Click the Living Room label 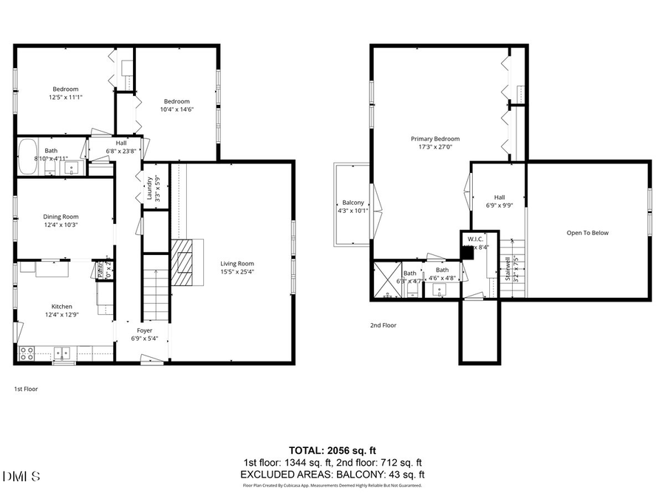tap(237, 263)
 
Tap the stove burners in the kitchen tap(26, 353)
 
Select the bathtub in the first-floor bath tap(30, 156)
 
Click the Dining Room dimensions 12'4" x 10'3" tap(61, 225)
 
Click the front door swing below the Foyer tap(151, 359)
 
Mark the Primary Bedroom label tap(435, 138)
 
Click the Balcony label tap(352, 203)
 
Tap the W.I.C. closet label tap(474, 239)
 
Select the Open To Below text tap(587, 233)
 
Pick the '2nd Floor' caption tap(383, 325)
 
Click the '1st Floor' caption tap(26, 388)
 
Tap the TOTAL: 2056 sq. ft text tap(332, 449)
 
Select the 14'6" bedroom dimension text tap(177, 109)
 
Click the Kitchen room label tap(61, 306)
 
